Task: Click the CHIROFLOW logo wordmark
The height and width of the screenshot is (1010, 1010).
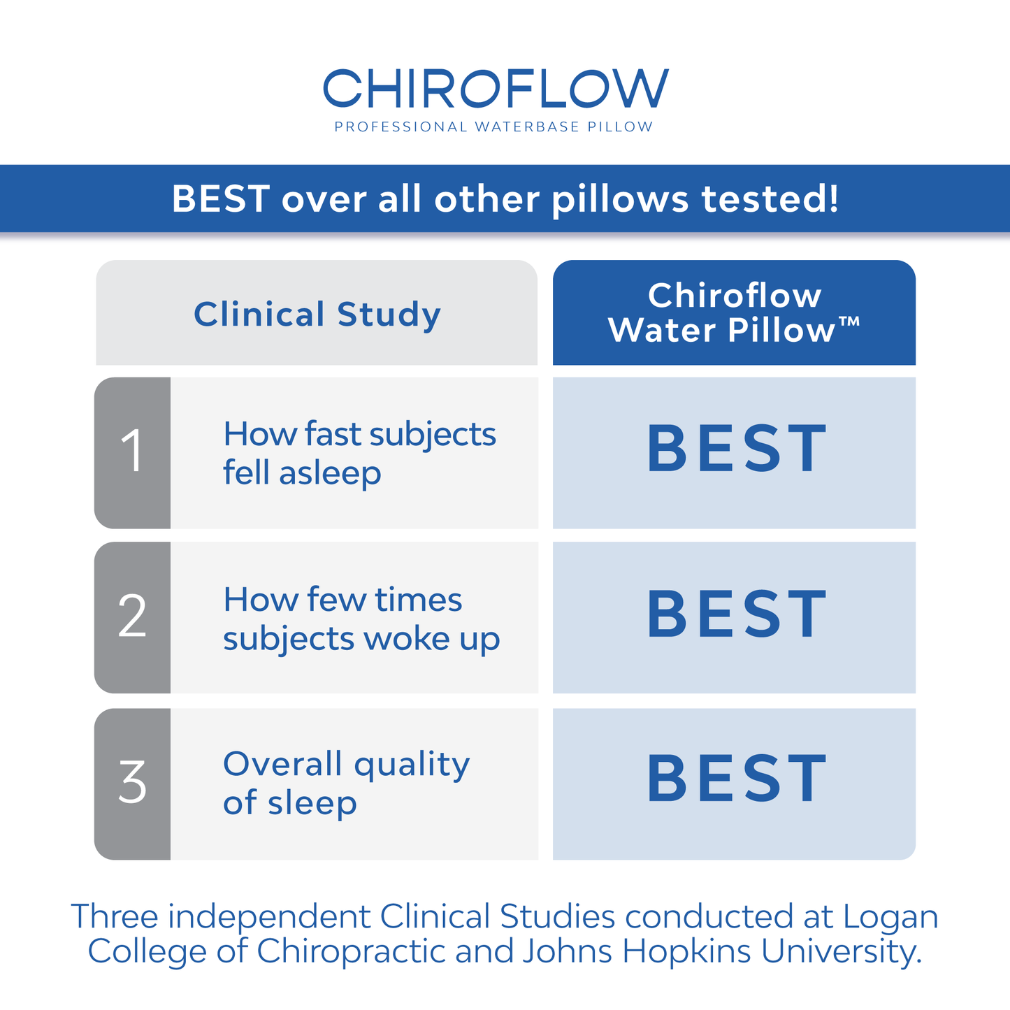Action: (x=496, y=89)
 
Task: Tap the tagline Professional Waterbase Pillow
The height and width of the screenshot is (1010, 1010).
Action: (x=493, y=127)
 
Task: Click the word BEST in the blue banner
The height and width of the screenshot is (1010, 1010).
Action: (x=221, y=199)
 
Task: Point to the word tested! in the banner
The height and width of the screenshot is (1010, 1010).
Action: (x=770, y=199)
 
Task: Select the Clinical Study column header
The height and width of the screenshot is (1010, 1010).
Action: (x=317, y=314)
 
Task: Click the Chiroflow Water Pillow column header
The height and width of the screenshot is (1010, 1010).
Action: (x=733, y=312)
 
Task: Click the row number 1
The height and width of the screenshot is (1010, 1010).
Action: (x=132, y=452)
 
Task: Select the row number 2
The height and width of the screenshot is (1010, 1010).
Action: (x=132, y=616)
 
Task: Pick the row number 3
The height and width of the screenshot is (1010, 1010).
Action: (x=132, y=783)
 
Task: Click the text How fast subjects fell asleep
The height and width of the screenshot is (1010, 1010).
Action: (x=359, y=453)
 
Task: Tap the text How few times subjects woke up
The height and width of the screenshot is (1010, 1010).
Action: (x=361, y=619)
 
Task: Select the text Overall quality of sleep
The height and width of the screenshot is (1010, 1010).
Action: (x=346, y=783)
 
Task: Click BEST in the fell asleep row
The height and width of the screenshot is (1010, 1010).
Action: (x=737, y=449)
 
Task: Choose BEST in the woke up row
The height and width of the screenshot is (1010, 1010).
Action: (x=737, y=614)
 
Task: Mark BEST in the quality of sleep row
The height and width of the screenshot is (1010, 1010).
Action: (x=737, y=779)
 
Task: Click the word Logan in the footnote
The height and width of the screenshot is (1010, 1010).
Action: (x=890, y=917)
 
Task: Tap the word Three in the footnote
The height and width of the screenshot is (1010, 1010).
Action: (x=115, y=917)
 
